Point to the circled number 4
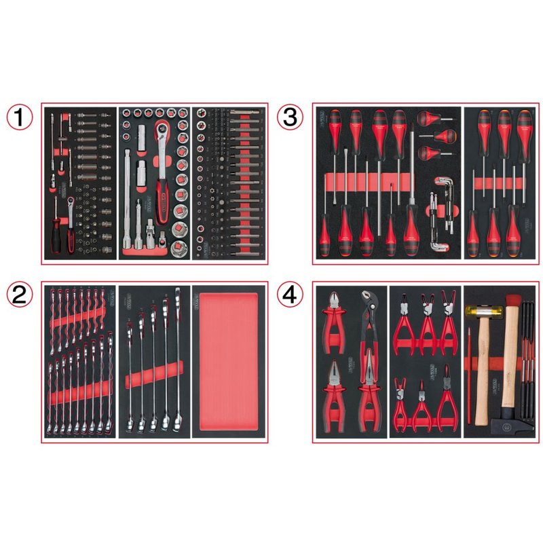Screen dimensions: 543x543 pyautogui.click(x=289, y=297)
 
